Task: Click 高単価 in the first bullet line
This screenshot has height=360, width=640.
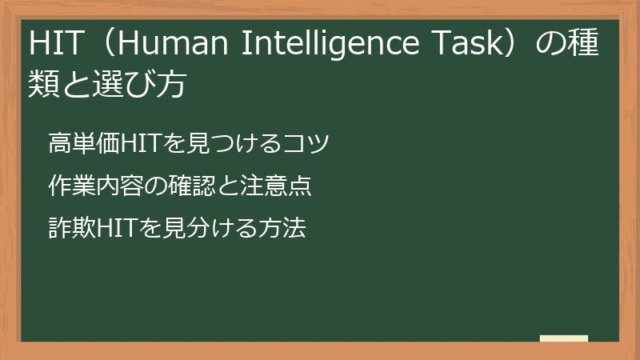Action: coord(82,144)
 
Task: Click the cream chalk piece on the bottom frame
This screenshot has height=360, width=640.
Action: coord(563,338)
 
